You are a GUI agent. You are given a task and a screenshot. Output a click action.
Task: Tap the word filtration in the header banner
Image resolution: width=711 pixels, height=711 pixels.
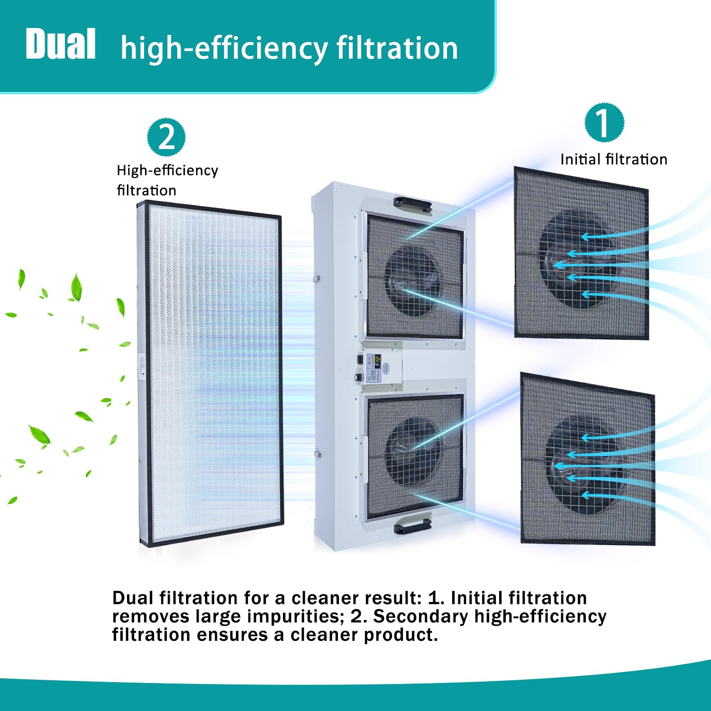point(397,48)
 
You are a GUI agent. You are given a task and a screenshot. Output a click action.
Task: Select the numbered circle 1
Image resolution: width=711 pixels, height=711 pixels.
point(604,123)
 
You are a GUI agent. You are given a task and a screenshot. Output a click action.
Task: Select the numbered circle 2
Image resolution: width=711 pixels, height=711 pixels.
point(166,137)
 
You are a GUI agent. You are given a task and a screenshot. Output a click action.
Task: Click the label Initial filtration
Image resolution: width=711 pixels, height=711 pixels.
point(614,159)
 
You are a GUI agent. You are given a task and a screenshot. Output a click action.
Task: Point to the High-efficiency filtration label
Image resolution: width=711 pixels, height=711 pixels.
point(167,180)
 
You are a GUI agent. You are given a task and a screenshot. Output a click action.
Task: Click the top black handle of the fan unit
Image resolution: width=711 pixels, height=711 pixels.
point(412,204)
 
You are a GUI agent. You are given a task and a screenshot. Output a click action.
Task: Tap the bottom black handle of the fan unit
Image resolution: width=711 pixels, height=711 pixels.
point(412,526)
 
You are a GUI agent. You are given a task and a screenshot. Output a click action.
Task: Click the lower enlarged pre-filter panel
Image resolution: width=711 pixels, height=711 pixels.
point(588,459)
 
